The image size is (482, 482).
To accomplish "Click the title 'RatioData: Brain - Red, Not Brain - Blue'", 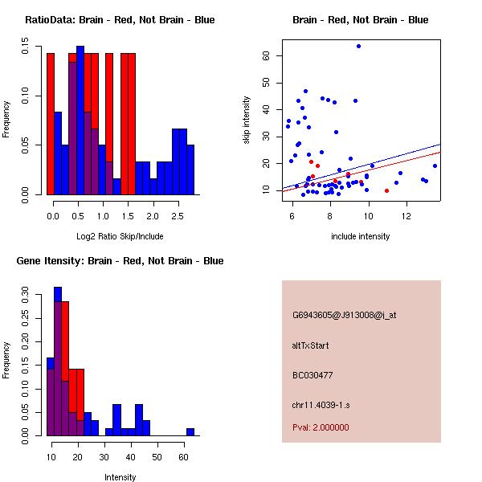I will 120,20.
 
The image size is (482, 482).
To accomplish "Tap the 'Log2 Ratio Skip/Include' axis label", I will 120,236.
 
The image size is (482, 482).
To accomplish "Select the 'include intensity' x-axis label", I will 361,236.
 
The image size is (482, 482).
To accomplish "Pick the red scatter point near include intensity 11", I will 386,190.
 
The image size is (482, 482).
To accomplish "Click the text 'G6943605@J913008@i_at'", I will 344,315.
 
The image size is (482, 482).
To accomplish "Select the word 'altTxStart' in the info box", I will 311,345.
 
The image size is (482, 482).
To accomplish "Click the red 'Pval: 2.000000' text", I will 321,427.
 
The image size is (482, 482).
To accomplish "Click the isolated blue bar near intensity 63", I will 190,431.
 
